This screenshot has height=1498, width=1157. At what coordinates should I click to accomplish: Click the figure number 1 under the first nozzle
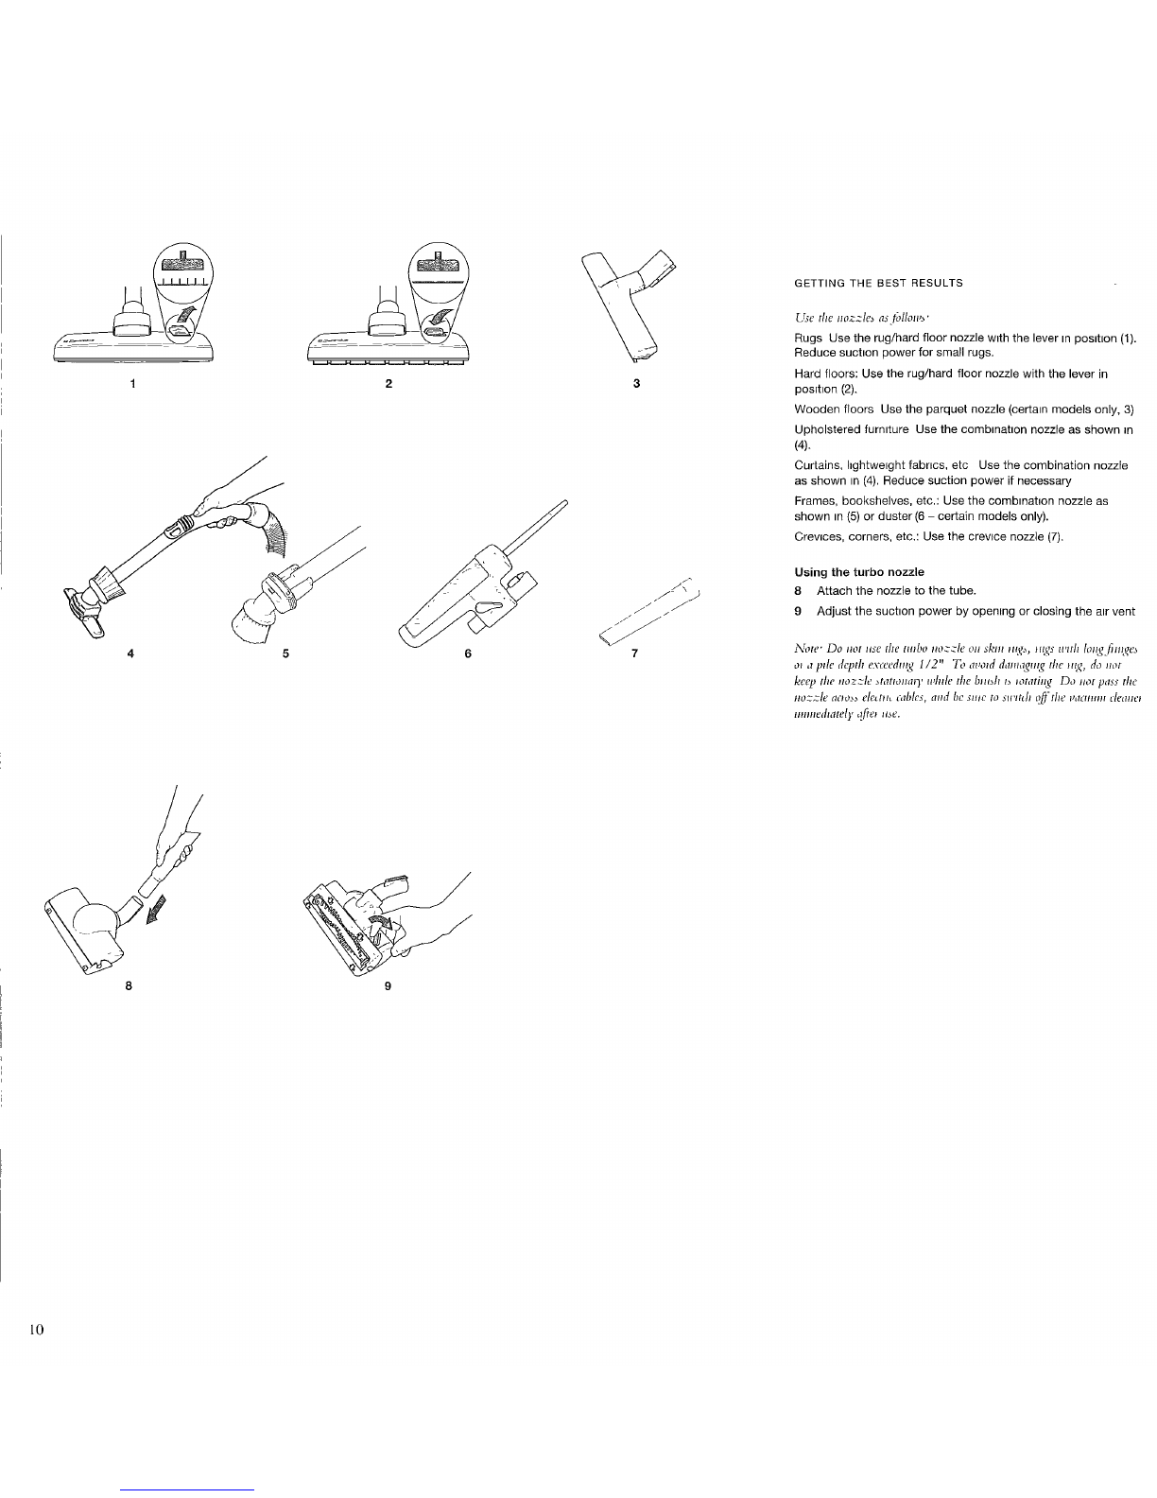[x=133, y=384]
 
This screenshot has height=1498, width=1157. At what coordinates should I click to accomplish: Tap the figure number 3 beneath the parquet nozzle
[x=637, y=384]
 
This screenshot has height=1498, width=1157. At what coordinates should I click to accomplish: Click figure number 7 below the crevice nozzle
[x=636, y=653]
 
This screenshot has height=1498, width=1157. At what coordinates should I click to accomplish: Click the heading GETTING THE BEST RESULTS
[x=878, y=284]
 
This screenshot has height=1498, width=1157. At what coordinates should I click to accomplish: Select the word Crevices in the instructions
[x=815, y=537]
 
